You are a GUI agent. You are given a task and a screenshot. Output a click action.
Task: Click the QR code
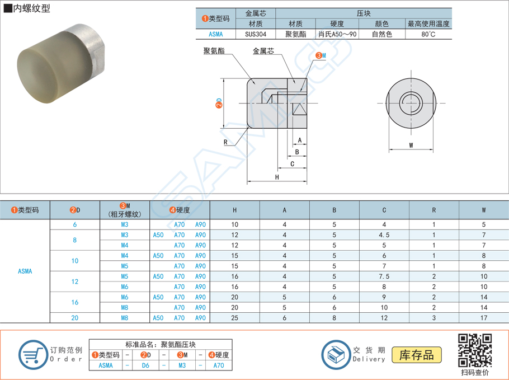pos(475,350)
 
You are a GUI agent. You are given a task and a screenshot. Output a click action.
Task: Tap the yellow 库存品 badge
pos(417,355)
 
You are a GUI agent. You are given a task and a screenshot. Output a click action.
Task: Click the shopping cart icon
pos(33,354)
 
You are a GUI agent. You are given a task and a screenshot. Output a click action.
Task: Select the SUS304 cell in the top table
pos(256,34)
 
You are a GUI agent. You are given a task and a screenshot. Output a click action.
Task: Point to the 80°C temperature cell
pos(428,34)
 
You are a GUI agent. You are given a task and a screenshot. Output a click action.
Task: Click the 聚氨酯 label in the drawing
pos(214,51)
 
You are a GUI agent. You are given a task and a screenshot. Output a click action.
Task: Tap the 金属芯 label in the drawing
pos(263,51)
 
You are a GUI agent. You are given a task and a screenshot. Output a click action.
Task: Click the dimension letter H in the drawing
pos(277,177)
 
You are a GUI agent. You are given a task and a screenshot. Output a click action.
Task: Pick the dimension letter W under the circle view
pos(411,146)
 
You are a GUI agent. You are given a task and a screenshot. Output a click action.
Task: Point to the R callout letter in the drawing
pos(225,142)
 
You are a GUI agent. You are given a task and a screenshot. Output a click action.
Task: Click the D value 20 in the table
pos(75,318)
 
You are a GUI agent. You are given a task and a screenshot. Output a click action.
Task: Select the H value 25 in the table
pos(234,318)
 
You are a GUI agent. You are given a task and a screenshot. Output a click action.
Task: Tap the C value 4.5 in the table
pos(384,235)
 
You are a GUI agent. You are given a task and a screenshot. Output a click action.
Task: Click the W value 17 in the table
pos(484,318)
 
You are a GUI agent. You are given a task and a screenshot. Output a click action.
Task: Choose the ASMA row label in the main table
pos(25,271)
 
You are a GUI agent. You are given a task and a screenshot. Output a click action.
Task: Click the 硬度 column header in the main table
pos(180,210)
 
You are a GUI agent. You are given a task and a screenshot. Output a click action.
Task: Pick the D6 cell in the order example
pos(145,365)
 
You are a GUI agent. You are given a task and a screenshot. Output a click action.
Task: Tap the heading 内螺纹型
pos(30,8)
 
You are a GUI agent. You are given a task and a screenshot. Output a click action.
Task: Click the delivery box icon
pos(336,354)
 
